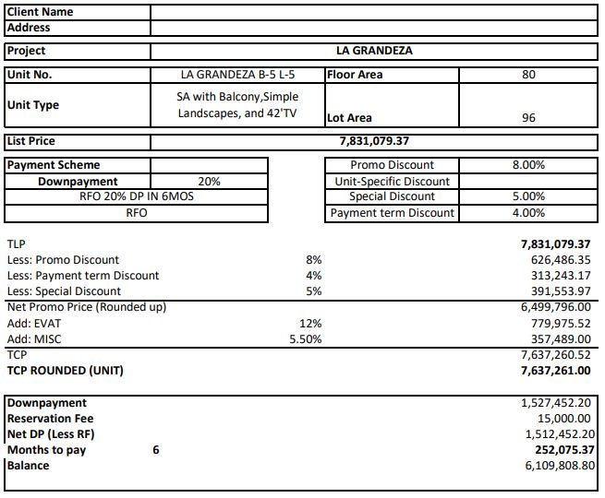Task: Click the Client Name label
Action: pyautogui.click(x=40, y=12)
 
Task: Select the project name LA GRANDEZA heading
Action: pyautogui.click(x=374, y=51)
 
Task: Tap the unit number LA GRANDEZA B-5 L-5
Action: pyautogui.click(x=237, y=75)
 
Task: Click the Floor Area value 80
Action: pyautogui.click(x=528, y=75)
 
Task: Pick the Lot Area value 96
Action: pyautogui.click(x=528, y=118)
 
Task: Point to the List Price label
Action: pyautogui.click(x=31, y=141)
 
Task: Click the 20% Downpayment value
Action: pyautogui.click(x=209, y=182)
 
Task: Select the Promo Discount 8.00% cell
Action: pyautogui.click(x=528, y=165)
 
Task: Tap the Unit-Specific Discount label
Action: pyautogui.click(x=392, y=182)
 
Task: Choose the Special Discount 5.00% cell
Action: pyautogui.click(x=528, y=196)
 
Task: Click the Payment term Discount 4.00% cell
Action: pyautogui.click(x=528, y=213)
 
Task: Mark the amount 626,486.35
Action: pyautogui.click(x=556, y=260)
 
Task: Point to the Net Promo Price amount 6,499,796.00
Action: pyautogui.click(x=556, y=307)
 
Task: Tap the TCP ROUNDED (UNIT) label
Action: pyautogui.click(x=65, y=371)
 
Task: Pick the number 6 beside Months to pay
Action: pyautogui.click(x=156, y=450)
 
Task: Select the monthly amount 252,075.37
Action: pyautogui.click(x=559, y=450)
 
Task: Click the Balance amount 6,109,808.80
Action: pyautogui.click(x=560, y=466)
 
